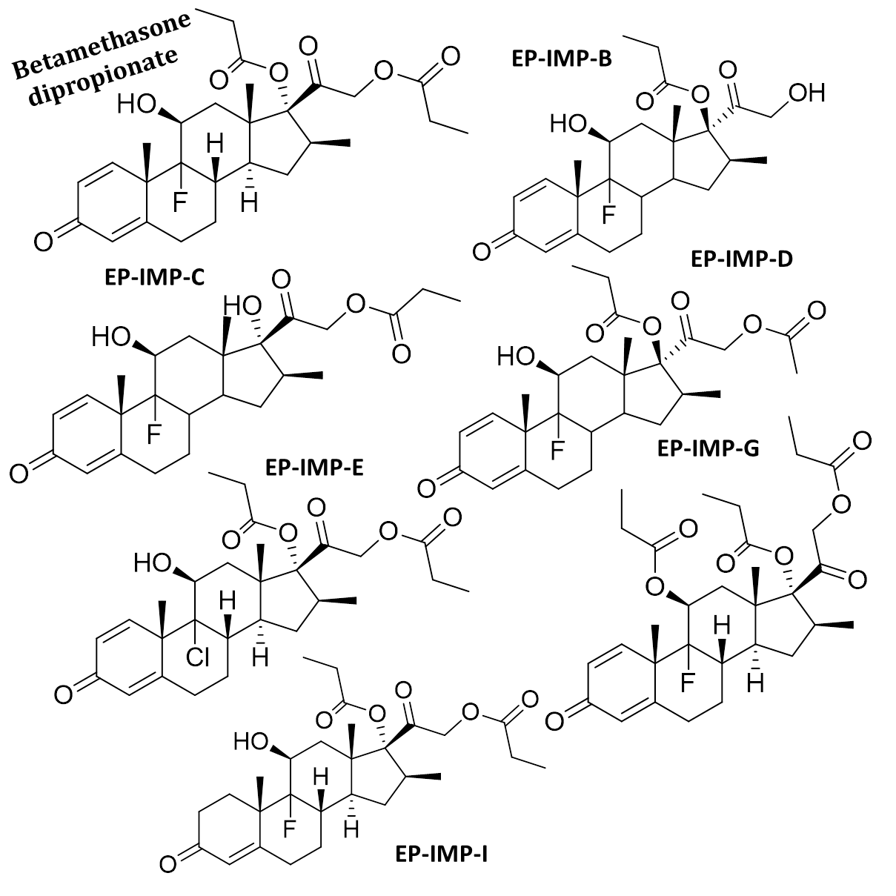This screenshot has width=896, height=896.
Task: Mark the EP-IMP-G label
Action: [x=708, y=448]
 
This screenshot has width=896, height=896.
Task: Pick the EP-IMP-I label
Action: [x=442, y=854]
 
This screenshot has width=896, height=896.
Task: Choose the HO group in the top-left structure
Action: [x=136, y=105]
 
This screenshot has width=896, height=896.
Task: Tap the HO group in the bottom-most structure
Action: [x=250, y=740]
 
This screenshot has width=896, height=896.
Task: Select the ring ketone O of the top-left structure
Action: [x=42, y=239]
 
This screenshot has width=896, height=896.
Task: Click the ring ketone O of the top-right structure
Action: [x=482, y=252]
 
